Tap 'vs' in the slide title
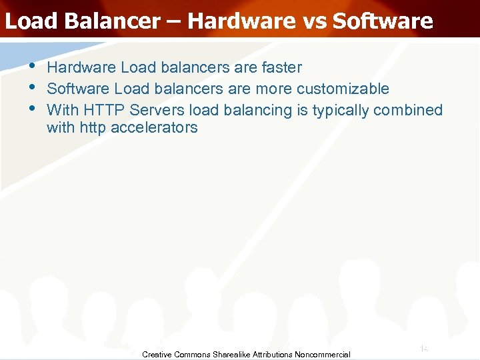tap(312, 21)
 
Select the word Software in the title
tap(383, 21)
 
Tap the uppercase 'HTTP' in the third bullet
tap(103, 109)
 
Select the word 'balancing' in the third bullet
tap(257, 110)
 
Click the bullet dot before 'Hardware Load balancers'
tap(32, 67)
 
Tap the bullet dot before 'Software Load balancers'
tap(32, 87)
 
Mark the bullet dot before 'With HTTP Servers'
tap(32, 108)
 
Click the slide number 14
tap(423, 349)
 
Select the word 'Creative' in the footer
tap(157, 355)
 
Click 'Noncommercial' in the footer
tap(323, 355)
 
